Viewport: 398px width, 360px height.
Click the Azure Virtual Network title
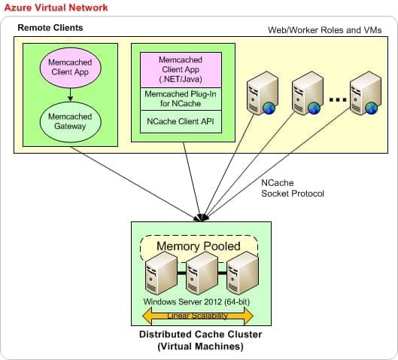point(56,8)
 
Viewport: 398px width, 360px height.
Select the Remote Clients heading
point(50,27)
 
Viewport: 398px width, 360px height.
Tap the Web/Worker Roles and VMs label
point(324,30)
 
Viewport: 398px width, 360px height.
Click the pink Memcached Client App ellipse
point(70,68)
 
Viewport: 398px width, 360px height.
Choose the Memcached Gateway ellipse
point(70,122)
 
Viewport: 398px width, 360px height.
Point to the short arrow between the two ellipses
point(70,95)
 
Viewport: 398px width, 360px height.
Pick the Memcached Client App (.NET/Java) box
point(181,70)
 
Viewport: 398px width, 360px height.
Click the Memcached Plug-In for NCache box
point(181,99)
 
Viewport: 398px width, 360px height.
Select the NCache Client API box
point(181,121)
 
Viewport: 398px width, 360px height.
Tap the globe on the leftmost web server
point(269,108)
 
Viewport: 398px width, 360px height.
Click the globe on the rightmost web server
point(372,108)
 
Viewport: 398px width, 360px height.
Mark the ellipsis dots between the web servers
point(338,99)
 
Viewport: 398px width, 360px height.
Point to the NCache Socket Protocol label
point(293,188)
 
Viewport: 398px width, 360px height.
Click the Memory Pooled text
point(199,246)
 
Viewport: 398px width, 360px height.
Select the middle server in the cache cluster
point(202,273)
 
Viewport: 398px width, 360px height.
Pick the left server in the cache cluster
point(161,273)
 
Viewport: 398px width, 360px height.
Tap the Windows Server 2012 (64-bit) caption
point(196,302)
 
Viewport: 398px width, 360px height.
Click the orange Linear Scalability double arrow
point(198,316)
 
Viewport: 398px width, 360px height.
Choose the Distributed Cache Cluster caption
point(201,340)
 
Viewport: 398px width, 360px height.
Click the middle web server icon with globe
point(308,93)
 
